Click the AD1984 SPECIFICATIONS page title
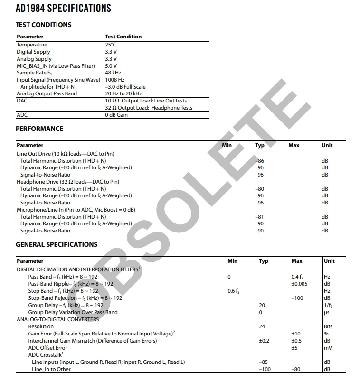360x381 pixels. (x=63, y=9)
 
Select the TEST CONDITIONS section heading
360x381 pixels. (x=44, y=25)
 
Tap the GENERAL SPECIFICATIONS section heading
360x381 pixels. (x=57, y=244)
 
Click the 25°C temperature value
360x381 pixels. (x=111, y=45)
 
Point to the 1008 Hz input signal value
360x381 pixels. (x=114, y=80)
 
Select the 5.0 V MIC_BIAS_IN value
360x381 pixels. (x=111, y=66)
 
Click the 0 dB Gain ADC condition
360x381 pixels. (x=116, y=115)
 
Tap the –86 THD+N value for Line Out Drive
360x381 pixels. (x=260, y=161)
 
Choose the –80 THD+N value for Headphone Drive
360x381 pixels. (x=260, y=189)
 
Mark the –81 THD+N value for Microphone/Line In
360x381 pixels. (x=260, y=217)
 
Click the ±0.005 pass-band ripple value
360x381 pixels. (x=299, y=284)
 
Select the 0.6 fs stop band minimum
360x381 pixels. (x=234, y=291)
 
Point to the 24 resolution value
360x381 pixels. (x=262, y=326)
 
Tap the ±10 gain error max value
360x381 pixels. (x=295, y=334)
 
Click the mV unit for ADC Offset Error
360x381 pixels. (x=327, y=348)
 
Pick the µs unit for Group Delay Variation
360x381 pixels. (x=326, y=312)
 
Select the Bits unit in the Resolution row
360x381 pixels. (x=328, y=326)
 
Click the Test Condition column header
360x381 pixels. (x=123, y=37)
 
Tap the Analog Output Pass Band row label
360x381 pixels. (x=47, y=93)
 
